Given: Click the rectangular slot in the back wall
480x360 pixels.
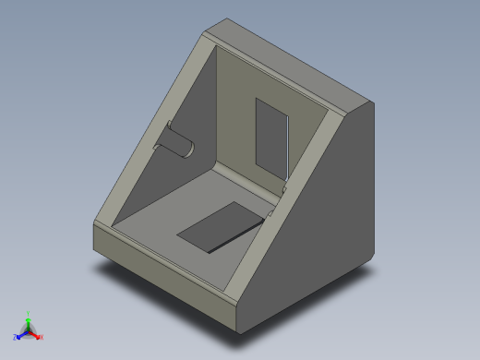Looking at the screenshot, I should [270, 138].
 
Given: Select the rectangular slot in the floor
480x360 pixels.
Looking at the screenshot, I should [220, 228].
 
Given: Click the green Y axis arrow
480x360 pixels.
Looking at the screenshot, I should [28, 318].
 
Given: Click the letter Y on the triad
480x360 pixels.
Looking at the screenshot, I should [28, 312].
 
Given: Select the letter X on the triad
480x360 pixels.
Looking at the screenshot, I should [42, 338].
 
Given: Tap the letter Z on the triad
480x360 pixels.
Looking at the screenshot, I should [15, 338].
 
